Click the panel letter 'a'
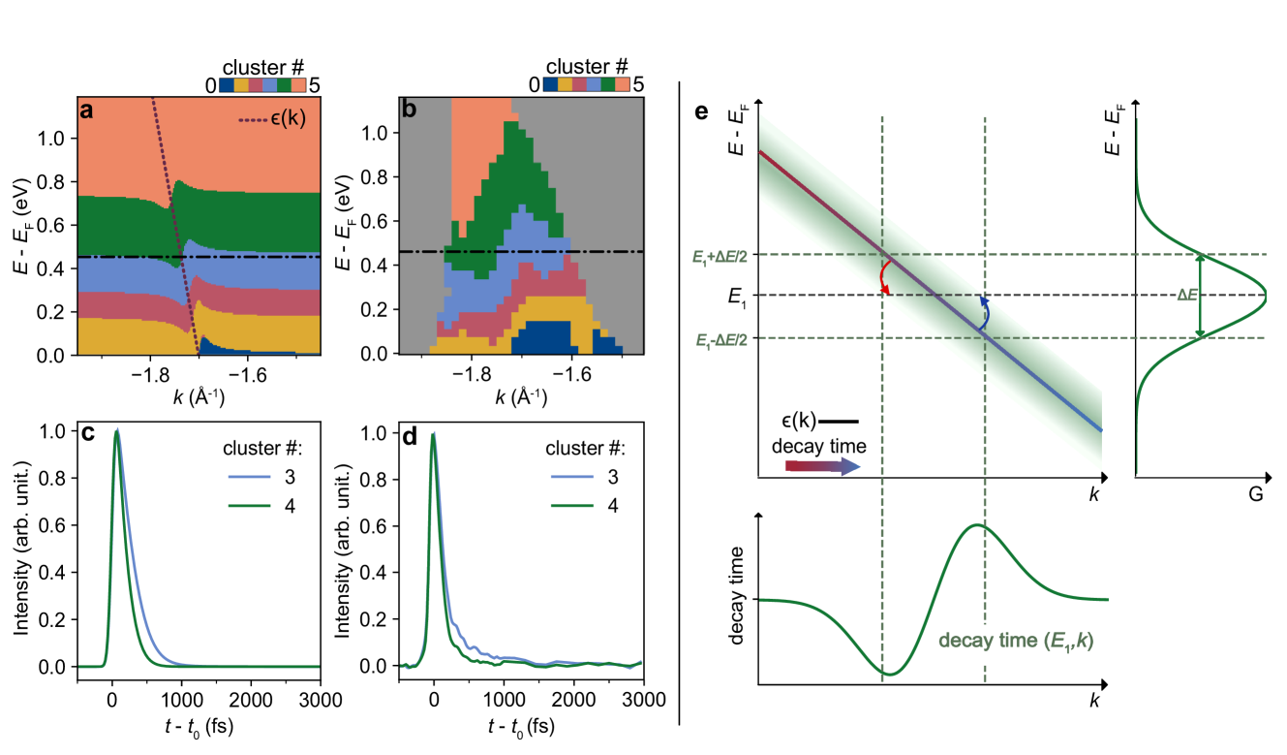tap(87, 110)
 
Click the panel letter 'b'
tap(409, 110)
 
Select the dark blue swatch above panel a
tap(227, 84)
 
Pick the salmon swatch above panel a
tap(298, 84)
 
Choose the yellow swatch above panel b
tap(565, 84)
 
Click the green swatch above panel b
tap(607, 84)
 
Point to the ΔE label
tap(1186, 296)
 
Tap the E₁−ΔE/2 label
tap(720, 340)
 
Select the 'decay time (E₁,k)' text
tap(1022, 641)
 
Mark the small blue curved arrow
tap(984, 312)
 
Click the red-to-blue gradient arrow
tap(822, 466)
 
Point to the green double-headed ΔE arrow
tap(1202, 296)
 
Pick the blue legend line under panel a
tap(249, 477)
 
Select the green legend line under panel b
tap(571, 506)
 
